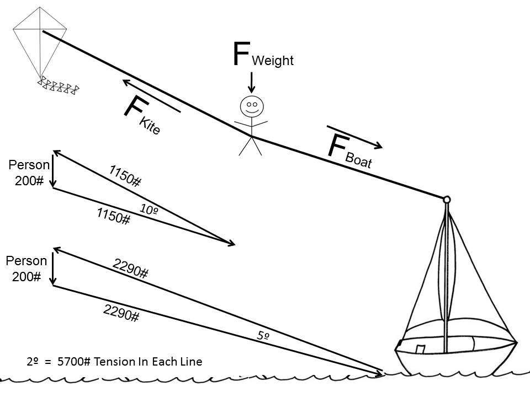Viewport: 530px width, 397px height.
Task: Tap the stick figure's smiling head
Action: [252, 106]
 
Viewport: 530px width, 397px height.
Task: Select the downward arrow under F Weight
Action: [252, 82]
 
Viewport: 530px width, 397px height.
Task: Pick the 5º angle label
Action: [263, 335]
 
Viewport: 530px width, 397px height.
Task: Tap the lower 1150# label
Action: [113, 216]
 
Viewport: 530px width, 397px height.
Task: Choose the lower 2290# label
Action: [121, 313]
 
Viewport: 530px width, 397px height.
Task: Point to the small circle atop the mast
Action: [447, 199]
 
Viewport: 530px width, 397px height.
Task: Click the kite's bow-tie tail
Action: [59, 86]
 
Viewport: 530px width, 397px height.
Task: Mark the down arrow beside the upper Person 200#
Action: [53, 173]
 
